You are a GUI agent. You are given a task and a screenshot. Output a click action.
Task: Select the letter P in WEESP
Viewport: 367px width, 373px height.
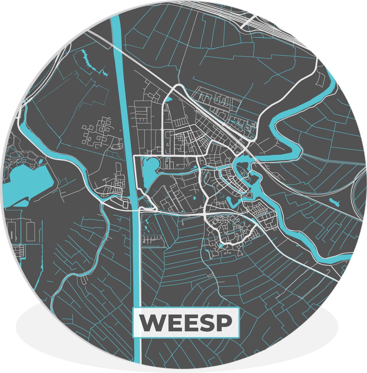pos(225,323)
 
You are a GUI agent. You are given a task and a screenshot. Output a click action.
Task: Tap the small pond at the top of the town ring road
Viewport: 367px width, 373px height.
pos(168,100)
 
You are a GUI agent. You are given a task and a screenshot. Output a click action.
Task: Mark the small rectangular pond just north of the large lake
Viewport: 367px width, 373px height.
pos(40,162)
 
